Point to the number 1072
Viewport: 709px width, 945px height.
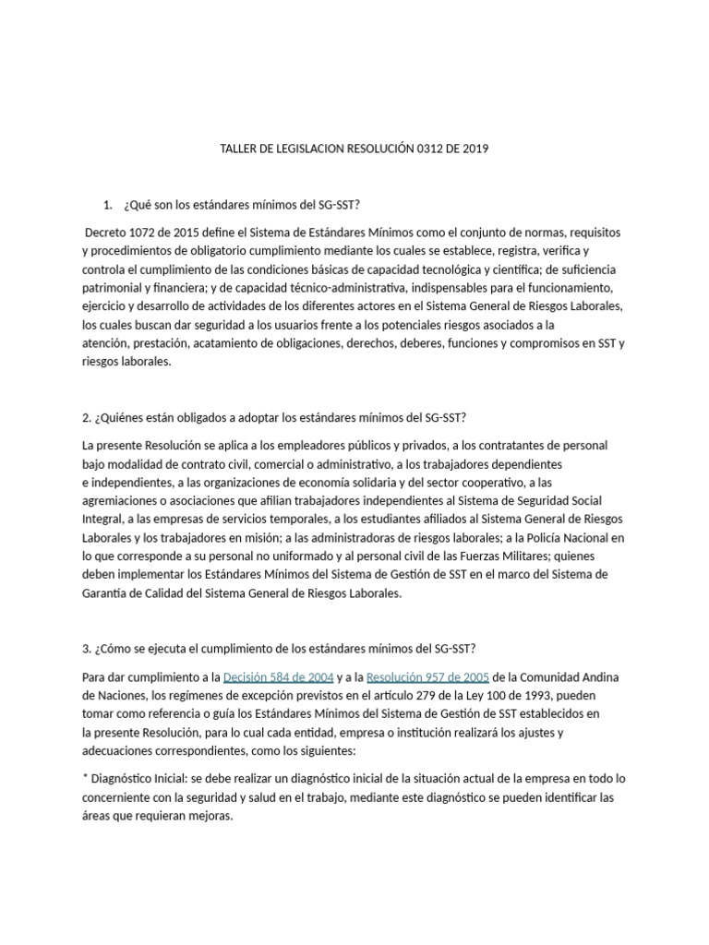(150, 232)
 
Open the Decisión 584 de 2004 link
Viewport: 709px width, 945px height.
(278, 677)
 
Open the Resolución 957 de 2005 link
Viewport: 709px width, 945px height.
(427, 677)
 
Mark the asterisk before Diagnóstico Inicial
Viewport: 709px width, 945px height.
(85, 753)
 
